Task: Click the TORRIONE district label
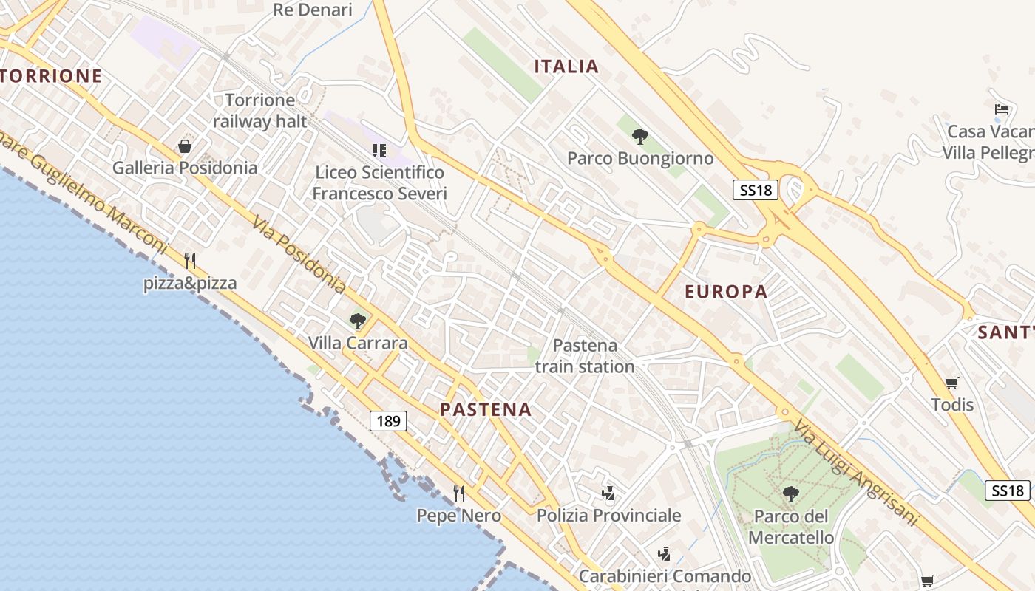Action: (50, 75)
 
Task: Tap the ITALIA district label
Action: (566, 66)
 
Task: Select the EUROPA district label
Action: (726, 291)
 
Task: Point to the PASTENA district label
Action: (486, 409)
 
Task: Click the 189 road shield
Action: (388, 421)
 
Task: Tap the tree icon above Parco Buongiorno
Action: (640, 136)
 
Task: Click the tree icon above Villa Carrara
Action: (358, 321)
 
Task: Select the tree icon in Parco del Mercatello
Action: (790, 493)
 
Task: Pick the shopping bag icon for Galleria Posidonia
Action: (185, 146)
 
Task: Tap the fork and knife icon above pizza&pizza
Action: (190, 260)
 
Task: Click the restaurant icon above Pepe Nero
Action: (459, 493)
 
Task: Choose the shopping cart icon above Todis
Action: (951, 383)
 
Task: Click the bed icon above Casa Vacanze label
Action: (1002, 109)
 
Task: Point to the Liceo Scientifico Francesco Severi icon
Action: (379, 151)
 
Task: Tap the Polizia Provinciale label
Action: (608, 515)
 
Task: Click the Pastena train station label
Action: (585, 356)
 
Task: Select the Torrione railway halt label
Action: (259, 111)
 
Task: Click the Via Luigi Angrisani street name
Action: (857, 473)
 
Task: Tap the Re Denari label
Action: (313, 10)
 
